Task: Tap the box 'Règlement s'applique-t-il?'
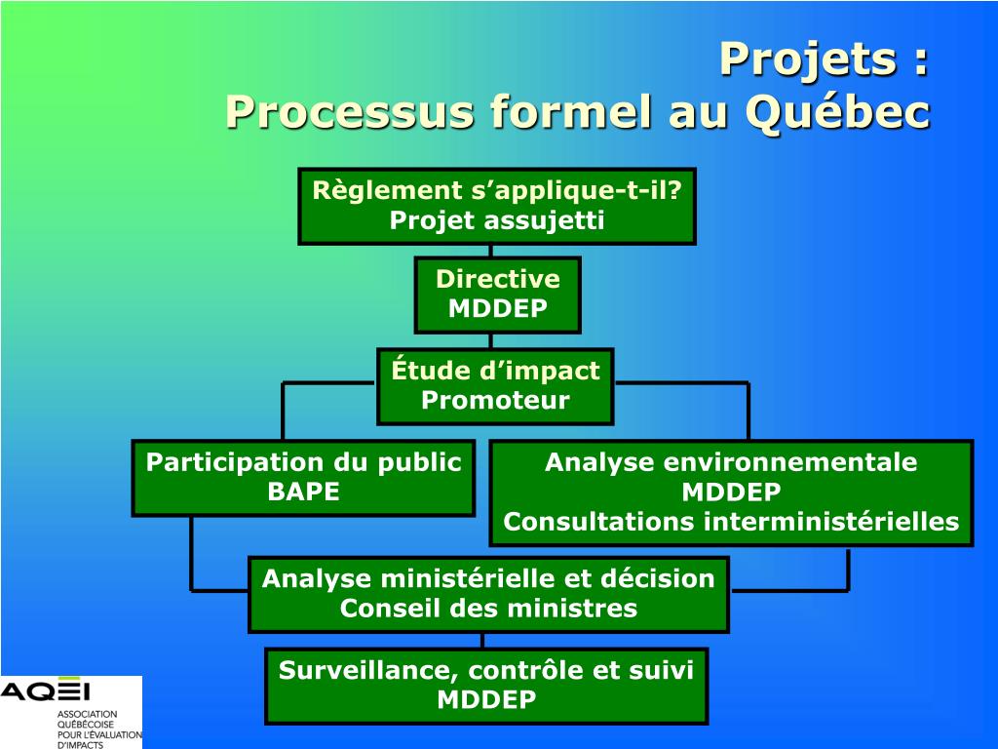[x=497, y=205]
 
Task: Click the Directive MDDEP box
[x=497, y=295]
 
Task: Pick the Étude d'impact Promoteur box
[x=495, y=386]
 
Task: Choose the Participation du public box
[x=303, y=477]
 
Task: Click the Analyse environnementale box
[x=731, y=493]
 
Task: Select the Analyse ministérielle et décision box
[x=488, y=594]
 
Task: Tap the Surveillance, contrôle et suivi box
[x=486, y=686]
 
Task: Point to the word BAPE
[x=303, y=492]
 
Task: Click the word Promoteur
[x=495, y=401]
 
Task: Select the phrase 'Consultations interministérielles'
[x=731, y=522]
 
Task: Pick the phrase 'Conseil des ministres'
[x=488, y=609]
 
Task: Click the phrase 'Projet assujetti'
[x=497, y=220]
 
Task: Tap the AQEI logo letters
[x=45, y=691]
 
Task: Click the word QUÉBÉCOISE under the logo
[x=86, y=725]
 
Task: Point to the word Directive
[x=497, y=279]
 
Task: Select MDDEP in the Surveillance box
[x=486, y=700]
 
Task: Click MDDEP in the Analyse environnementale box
[x=731, y=492]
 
